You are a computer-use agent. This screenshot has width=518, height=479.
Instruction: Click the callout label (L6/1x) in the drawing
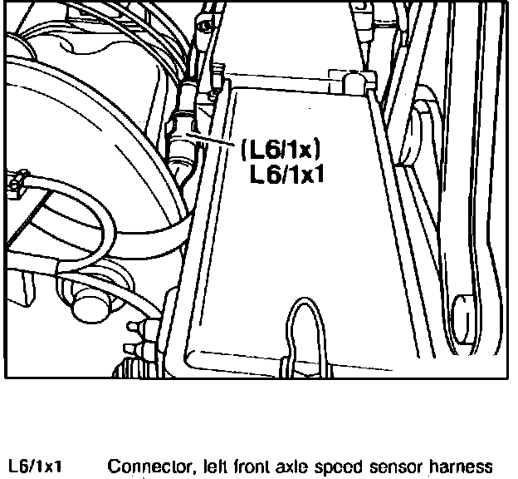click(280, 151)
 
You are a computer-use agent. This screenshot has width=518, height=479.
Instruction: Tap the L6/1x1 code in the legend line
click(37, 467)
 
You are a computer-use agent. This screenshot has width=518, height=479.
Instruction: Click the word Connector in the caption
click(144, 467)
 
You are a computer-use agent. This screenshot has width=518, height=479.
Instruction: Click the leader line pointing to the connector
click(213, 141)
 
